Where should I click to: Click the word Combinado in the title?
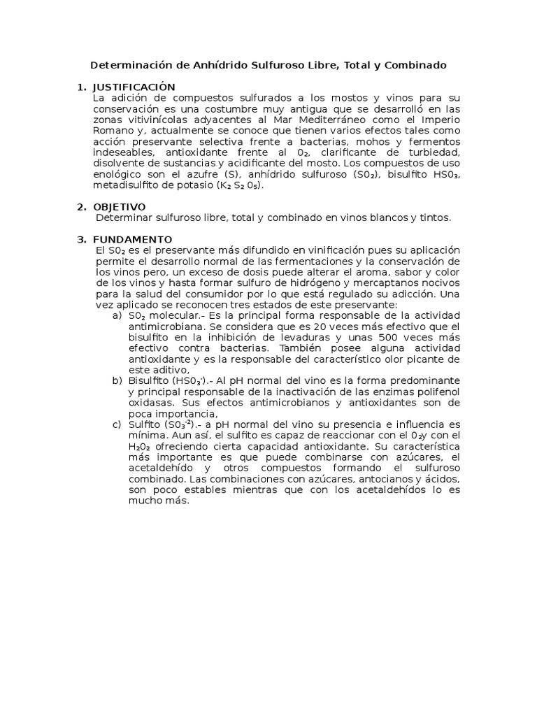[x=413, y=65]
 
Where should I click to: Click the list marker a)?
[x=117, y=315]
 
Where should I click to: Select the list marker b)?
[x=117, y=380]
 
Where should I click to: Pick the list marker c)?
[x=117, y=424]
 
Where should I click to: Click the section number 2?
[x=81, y=207]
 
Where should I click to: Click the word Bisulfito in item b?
[x=150, y=380]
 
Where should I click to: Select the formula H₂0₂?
[x=139, y=446]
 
